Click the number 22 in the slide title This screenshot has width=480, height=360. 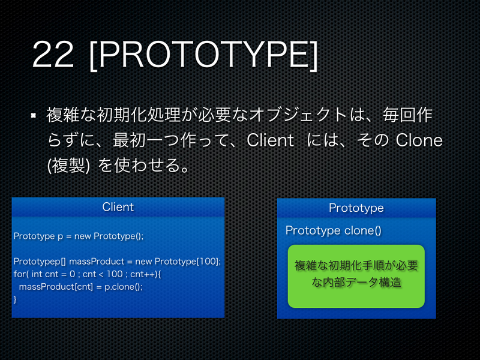(x=55, y=55)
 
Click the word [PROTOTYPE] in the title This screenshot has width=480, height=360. (x=202, y=55)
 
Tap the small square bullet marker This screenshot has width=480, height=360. (x=34, y=115)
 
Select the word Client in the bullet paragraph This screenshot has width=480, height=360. (x=270, y=140)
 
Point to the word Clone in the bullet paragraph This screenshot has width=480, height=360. (x=419, y=140)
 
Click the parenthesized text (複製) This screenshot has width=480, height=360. (x=68, y=166)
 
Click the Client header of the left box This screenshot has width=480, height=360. (x=118, y=207)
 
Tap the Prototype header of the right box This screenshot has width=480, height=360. (x=356, y=208)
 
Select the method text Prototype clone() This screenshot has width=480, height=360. (x=333, y=230)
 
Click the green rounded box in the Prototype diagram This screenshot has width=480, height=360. (x=356, y=275)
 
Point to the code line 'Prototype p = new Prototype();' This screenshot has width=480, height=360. (x=79, y=236)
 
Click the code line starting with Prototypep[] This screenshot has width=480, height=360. (x=118, y=262)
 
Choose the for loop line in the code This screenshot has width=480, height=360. (x=88, y=274)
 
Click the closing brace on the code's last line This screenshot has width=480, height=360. (x=15, y=298)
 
